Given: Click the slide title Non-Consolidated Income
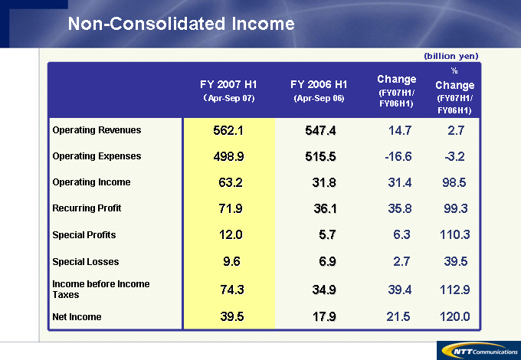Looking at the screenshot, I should pos(181,24).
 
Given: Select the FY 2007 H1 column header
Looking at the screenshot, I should pos(228,90).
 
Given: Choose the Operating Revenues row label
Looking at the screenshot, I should pos(97,130).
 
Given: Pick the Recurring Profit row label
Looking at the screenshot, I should pos(87,208).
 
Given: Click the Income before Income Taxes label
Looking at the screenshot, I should pos(101,288).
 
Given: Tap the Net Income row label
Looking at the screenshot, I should pos(77,316).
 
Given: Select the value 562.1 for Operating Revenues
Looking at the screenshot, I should pos(228,131).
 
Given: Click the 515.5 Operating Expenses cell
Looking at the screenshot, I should pos(319,156).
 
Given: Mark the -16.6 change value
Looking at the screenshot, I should pos(398,156).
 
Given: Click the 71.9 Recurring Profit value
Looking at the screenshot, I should pos(228,208).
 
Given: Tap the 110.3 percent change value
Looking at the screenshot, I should pos(454,235).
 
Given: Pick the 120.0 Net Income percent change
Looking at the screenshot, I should pos(454,317).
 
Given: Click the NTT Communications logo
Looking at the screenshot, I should pos(474,349).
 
